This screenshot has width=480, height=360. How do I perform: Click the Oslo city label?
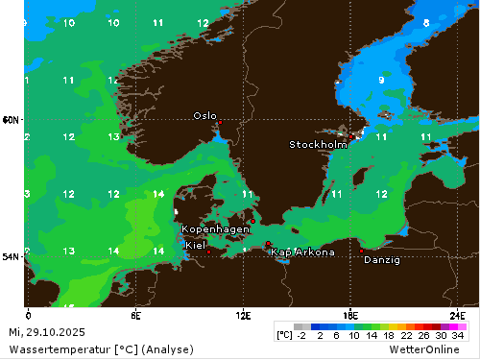point(204,115)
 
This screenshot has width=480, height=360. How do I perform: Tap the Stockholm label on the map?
point(318,145)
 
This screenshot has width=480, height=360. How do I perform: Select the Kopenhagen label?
point(216,229)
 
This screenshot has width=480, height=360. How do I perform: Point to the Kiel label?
point(194,245)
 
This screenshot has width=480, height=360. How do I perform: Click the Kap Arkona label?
point(302,252)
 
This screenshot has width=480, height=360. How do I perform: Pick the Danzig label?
point(382,259)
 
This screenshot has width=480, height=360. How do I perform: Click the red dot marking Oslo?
point(219,123)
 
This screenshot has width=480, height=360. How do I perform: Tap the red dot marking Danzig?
point(361,251)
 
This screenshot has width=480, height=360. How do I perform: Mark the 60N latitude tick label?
point(12,120)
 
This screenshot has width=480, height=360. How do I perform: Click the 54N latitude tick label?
point(12,257)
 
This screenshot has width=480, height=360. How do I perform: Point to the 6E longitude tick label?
point(136,315)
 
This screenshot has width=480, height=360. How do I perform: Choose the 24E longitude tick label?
point(459,315)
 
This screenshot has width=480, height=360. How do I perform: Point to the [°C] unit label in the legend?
point(284,336)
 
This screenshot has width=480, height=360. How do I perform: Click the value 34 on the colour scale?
point(458,336)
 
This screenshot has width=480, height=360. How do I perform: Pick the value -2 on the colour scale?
point(301,336)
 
